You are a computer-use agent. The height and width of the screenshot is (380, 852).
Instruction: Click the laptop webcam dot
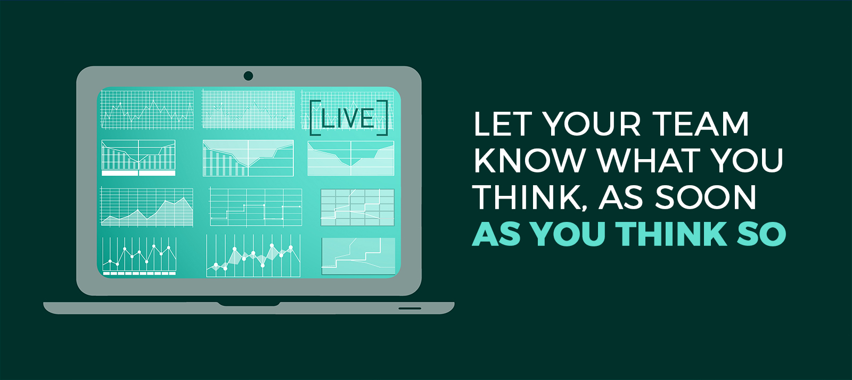[x=248, y=76]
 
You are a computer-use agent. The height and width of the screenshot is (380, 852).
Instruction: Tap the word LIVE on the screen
[x=348, y=118]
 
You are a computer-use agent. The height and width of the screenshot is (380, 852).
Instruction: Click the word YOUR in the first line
[x=592, y=123]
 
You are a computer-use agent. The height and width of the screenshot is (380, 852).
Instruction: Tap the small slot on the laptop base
[x=409, y=308]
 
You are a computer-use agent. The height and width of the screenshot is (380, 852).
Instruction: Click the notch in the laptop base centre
[x=249, y=304]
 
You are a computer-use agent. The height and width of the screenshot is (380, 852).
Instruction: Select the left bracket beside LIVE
[x=315, y=118]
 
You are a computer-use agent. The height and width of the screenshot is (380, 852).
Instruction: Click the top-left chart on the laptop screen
[x=147, y=110]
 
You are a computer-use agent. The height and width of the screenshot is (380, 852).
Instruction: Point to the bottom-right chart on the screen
[x=358, y=256]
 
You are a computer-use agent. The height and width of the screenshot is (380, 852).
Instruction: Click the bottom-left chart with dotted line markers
[x=139, y=256]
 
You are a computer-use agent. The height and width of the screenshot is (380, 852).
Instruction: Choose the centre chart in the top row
[x=248, y=110]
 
